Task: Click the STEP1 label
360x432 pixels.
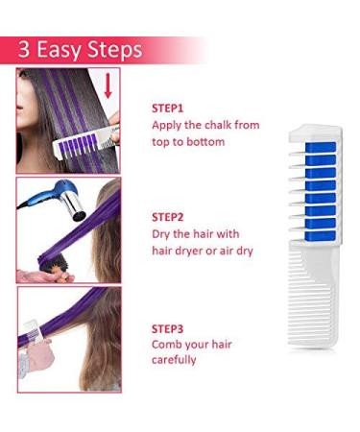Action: click(169, 108)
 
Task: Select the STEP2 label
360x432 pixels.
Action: click(169, 217)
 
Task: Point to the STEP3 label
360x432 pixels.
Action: click(169, 326)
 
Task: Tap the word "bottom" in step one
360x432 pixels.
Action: click(205, 142)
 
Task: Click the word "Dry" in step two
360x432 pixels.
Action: click(162, 234)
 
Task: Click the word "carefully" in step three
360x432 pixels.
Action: click(176, 360)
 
